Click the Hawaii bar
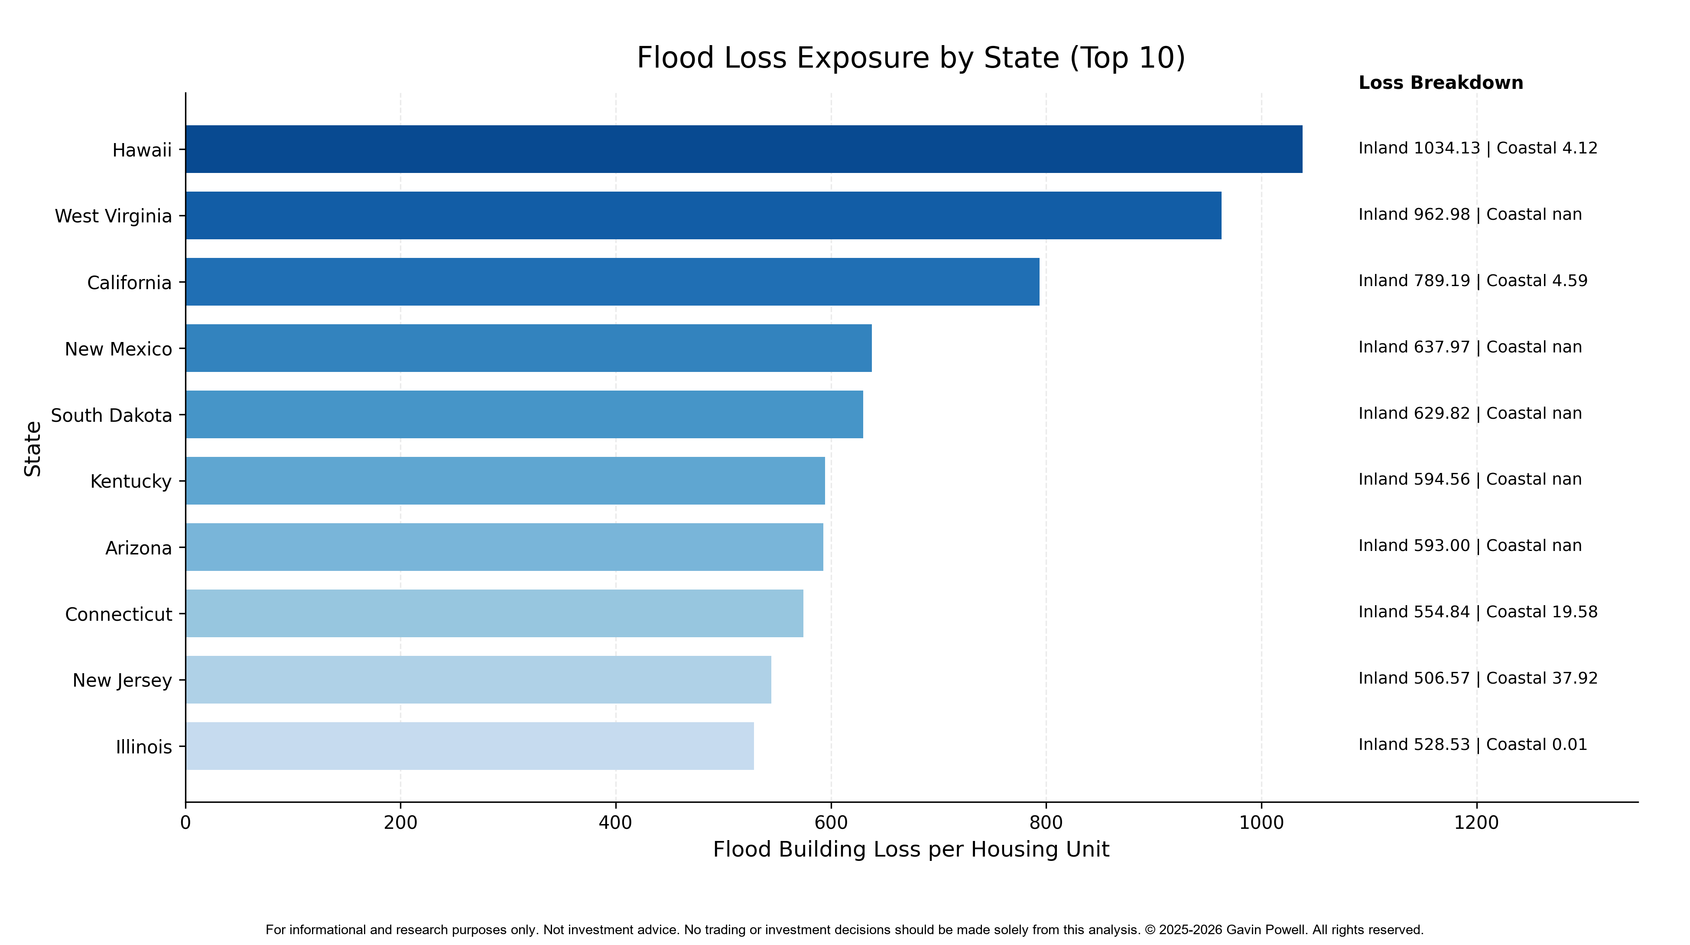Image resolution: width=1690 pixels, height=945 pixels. pyautogui.click(x=744, y=149)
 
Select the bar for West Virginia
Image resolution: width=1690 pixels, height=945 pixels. pyautogui.click(x=703, y=215)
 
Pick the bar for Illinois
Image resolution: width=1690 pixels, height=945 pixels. pyautogui.click(x=470, y=746)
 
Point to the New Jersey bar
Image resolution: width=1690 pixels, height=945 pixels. pyautogui.click(x=478, y=680)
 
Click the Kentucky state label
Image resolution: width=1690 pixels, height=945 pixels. pyautogui.click(x=131, y=482)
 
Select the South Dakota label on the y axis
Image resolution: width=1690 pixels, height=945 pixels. pyautogui.click(x=111, y=415)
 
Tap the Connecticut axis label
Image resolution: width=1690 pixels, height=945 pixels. pyautogui.click(x=119, y=614)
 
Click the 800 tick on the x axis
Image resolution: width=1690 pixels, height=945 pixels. pyautogui.click(x=1046, y=822)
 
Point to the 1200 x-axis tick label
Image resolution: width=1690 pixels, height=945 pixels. pyautogui.click(x=1477, y=822)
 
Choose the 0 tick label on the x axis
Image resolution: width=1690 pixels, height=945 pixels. pyautogui.click(x=185, y=822)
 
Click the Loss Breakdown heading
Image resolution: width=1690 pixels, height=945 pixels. pyautogui.click(x=1441, y=83)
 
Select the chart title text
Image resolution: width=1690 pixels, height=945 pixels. pyautogui.click(x=911, y=58)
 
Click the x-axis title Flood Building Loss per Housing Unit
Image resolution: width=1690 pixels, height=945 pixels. pyautogui.click(x=911, y=849)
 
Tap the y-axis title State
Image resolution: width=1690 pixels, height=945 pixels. pyautogui.click(x=33, y=449)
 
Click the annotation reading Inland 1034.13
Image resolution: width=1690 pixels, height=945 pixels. pyautogui.click(x=1419, y=148)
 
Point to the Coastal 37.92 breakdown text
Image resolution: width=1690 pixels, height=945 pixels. pyautogui.click(x=1542, y=678)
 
